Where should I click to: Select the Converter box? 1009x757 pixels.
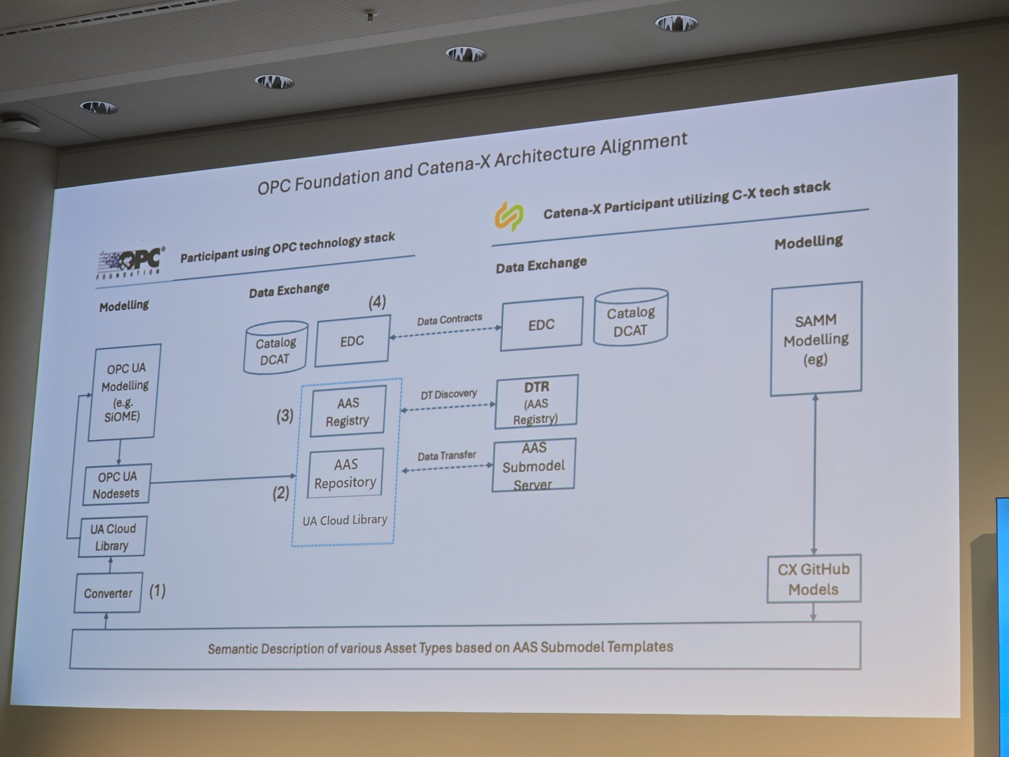point(108,593)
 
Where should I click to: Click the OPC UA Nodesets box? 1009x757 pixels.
point(117,485)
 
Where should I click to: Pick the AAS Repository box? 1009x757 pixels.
point(345,473)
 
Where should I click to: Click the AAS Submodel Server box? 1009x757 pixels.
point(534,465)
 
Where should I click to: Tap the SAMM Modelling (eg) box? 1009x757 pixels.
point(816,339)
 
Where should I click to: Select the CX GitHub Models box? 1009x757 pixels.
point(814,578)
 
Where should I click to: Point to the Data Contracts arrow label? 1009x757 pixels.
point(449,319)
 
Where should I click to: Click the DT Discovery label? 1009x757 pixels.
point(449,394)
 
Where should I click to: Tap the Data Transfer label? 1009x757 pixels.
point(447,455)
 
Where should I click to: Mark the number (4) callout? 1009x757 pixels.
point(377,302)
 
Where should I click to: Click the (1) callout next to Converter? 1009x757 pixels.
point(157,591)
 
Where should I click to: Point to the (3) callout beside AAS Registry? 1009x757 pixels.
point(285,416)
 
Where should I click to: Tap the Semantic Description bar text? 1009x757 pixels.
point(440,647)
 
